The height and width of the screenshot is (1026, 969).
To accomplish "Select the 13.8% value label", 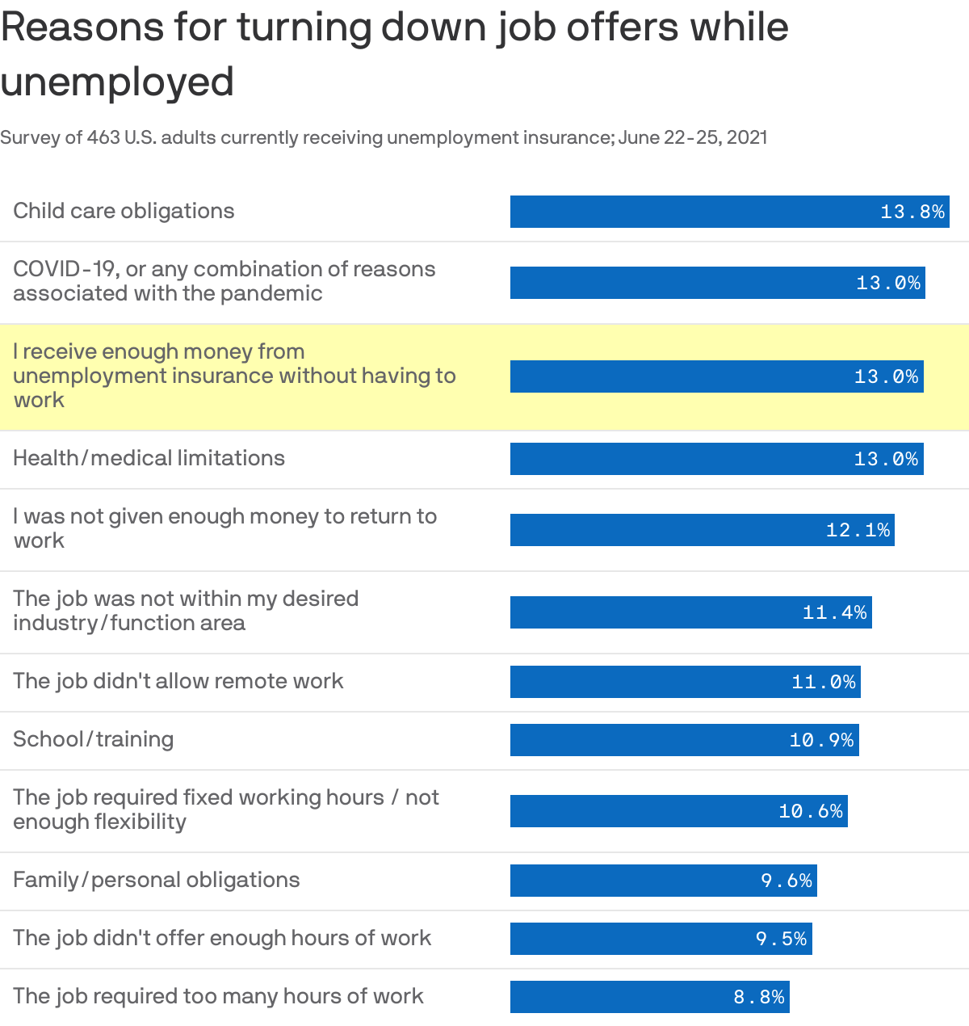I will (x=912, y=212).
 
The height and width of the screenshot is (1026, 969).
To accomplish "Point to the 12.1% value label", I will (x=858, y=530).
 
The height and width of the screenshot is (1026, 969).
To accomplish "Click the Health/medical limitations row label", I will (x=149, y=458).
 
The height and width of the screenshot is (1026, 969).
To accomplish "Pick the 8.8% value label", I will (x=759, y=997).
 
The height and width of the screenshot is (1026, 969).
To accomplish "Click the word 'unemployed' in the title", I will (x=117, y=82).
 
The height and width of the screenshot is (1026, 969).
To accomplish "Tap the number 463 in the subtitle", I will (x=103, y=137).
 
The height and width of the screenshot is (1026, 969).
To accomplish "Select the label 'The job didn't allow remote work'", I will (x=178, y=681).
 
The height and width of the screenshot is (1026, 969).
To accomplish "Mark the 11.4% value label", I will (x=835, y=612).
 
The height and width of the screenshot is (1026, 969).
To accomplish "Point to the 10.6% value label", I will (x=811, y=811).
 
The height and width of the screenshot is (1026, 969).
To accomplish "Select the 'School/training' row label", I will (x=93, y=739).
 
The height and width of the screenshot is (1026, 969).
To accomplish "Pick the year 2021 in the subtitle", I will (x=746, y=137).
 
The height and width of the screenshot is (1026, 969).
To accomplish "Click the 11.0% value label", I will (x=824, y=682).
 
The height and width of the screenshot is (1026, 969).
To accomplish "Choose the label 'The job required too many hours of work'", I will (x=218, y=996).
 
